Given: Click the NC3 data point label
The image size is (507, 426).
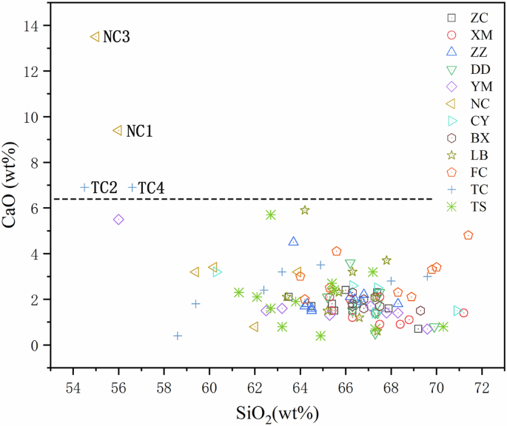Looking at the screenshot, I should coord(116,37).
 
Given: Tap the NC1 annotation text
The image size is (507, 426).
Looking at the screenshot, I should coord(139,131).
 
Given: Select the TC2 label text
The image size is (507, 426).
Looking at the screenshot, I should coord(105,188).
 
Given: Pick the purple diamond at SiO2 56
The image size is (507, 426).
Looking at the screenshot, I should coord(118,220).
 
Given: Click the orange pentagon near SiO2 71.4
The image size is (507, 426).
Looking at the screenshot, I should coord(468,235).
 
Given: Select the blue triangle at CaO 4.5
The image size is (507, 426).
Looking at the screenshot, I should coord(294,241).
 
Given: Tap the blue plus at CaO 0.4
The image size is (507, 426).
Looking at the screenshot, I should coord(178,336).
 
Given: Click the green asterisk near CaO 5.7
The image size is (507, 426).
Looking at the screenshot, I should coord(271,215).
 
